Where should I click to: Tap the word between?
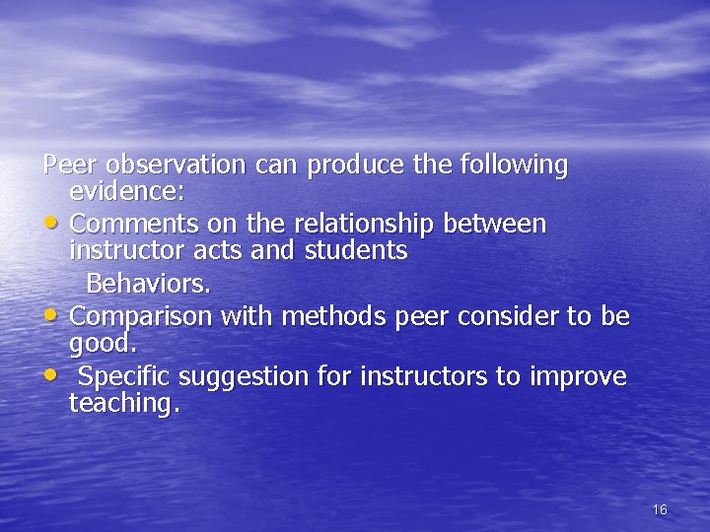click(x=494, y=224)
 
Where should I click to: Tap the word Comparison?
click(x=141, y=317)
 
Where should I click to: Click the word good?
click(x=103, y=344)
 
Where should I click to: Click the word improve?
click(x=578, y=377)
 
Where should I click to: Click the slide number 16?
click(x=660, y=509)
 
